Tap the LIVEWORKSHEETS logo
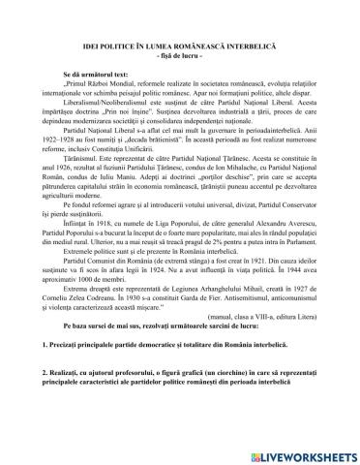click(302, 453)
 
